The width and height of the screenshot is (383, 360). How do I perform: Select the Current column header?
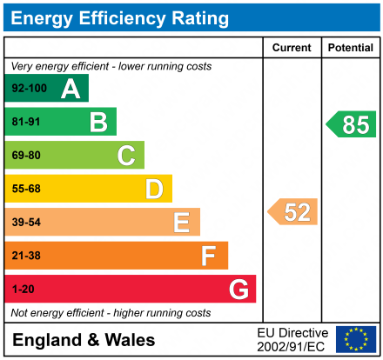[x=292, y=48]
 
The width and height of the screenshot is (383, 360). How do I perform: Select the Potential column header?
[x=350, y=48]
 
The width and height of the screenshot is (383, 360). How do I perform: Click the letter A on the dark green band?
[x=71, y=89]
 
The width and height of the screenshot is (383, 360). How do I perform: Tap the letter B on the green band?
[x=98, y=123]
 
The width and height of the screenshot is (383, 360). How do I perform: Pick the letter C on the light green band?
[x=126, y=156]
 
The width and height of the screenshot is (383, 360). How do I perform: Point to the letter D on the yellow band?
[x=154, y=189]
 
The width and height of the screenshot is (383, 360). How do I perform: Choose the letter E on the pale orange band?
[x=181, y=223]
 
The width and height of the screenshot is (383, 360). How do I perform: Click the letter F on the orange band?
[x=209, y=256]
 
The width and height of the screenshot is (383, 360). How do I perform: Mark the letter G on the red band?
[x=238, y=289]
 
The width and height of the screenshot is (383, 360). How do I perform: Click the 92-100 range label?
[x=28, y=89]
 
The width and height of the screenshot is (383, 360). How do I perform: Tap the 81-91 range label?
[x=25, y=123]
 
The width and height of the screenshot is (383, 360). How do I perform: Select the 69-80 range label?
[x=25, y=156]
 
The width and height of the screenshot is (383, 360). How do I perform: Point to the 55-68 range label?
[x=25, y=189]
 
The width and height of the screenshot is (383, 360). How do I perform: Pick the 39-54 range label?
[x=25, y=223]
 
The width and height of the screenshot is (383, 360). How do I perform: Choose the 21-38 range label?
[x=25, y=256]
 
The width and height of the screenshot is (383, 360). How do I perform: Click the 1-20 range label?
[x=22, y=289]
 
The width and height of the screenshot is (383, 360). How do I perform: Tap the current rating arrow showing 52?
[x=292, y=212]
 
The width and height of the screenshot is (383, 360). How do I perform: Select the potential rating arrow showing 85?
[x=351, y=124]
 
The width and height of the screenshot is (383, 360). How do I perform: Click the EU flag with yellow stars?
[x=355, y=339]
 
